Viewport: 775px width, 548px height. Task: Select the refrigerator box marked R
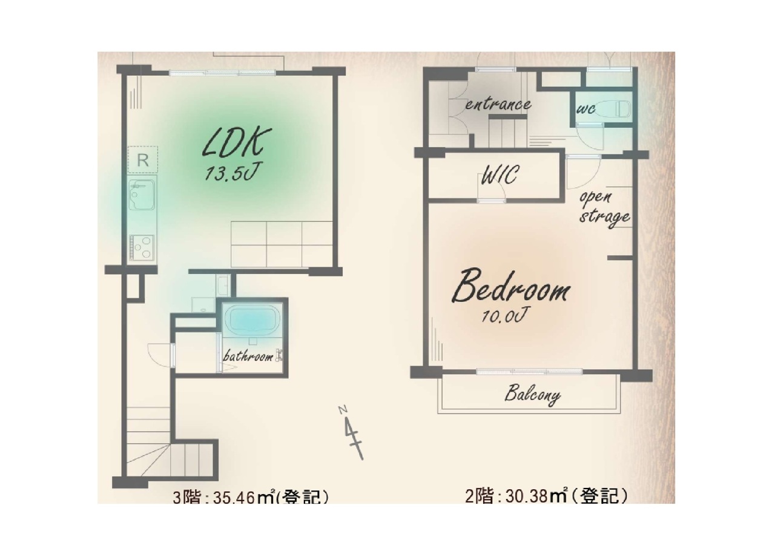[x=142, y=159]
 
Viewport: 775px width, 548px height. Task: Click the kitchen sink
[x=142, y=195]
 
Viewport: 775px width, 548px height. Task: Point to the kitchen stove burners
[x=142, y=247]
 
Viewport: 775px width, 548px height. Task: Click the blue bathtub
[x=252, y=319]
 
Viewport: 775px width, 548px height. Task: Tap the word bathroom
[x=248, y=356]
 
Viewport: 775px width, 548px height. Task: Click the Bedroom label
[x=512, y=287]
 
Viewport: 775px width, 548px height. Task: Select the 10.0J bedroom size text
[x=504, y=316]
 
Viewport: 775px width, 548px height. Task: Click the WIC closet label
[x=500, y=175]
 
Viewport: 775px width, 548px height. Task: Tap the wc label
[x=585, y=109]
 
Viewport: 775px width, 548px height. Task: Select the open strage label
[x=604, y=208]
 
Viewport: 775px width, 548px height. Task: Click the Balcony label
[x=532, y=395]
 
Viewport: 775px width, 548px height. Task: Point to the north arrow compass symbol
[x=352, y=433]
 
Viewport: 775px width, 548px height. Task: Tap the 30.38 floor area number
[x=527, y=496]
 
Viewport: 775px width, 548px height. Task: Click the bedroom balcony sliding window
[x=529, y=372]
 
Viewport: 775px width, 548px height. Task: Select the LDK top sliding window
[x=222, y=73]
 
